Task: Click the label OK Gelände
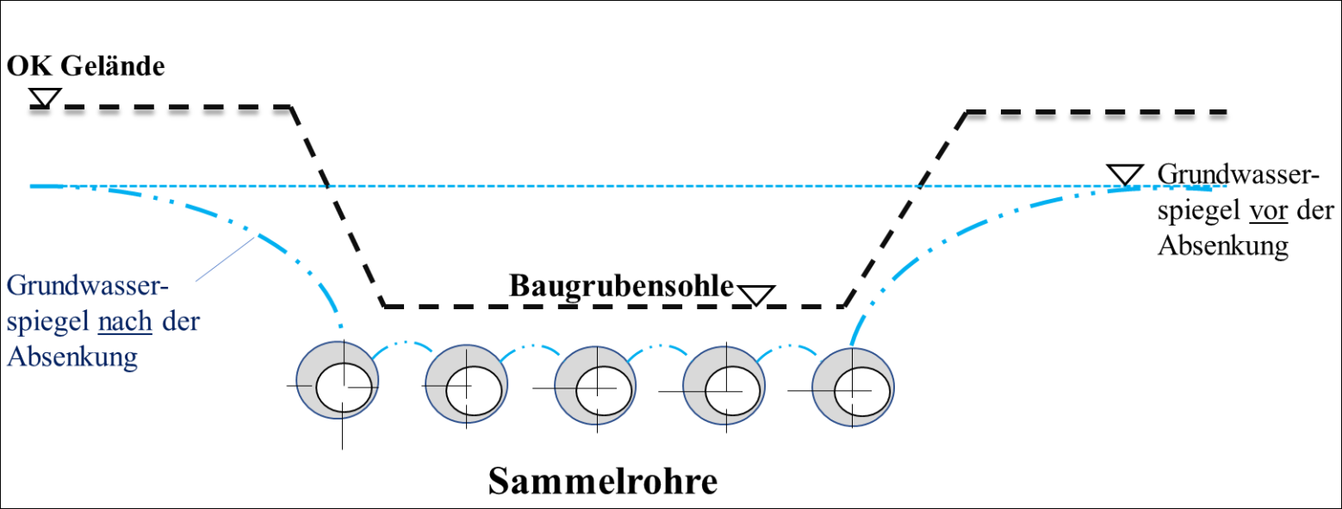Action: tap(85, 66)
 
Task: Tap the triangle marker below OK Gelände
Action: tap(44, 97)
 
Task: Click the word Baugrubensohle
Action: tap(621, 286)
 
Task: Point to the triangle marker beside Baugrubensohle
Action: tap(757, 295)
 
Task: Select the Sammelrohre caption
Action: tap(603, 481)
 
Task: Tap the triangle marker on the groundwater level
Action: tap(1124, 175)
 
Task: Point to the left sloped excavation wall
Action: tap(337, 207)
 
